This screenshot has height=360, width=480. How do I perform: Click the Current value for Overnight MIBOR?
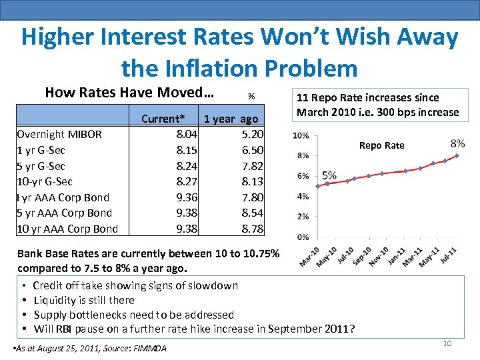tap(185, 134)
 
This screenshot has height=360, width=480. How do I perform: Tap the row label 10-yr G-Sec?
tap(45, 181)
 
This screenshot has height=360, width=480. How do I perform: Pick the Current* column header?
tap(163, 119)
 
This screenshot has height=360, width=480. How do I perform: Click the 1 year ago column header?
tap(231, 119)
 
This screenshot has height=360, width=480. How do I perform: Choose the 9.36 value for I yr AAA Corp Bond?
tap(185, 197)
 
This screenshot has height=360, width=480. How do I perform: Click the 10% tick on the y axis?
tap(301, 135)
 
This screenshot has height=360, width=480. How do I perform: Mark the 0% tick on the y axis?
tap(302, 237)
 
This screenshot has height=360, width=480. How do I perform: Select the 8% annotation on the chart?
tap(458, 143)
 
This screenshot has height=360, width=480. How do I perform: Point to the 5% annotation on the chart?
tap(329, 175)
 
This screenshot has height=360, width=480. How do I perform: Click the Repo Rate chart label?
tap(381, 145)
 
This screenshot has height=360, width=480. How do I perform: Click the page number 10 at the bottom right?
tap(447, 343)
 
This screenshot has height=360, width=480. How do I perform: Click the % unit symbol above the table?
tap(251, 96)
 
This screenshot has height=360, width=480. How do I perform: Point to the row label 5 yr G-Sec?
tap(41, 166)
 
